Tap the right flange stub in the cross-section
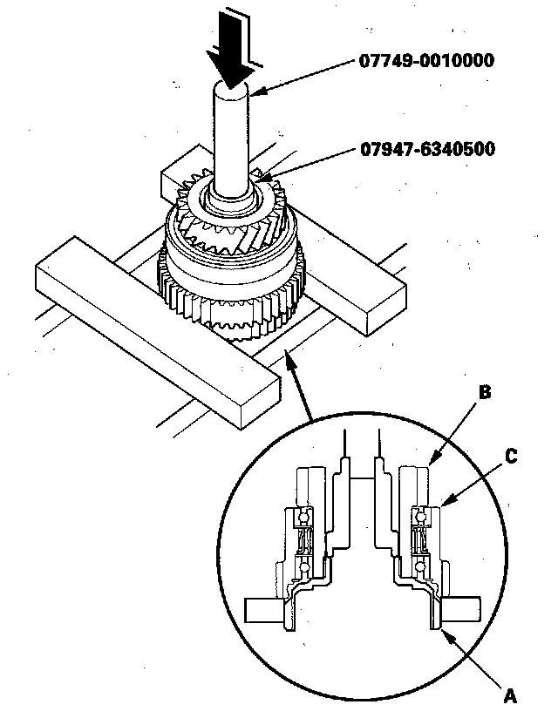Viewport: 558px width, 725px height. (462, 607)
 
